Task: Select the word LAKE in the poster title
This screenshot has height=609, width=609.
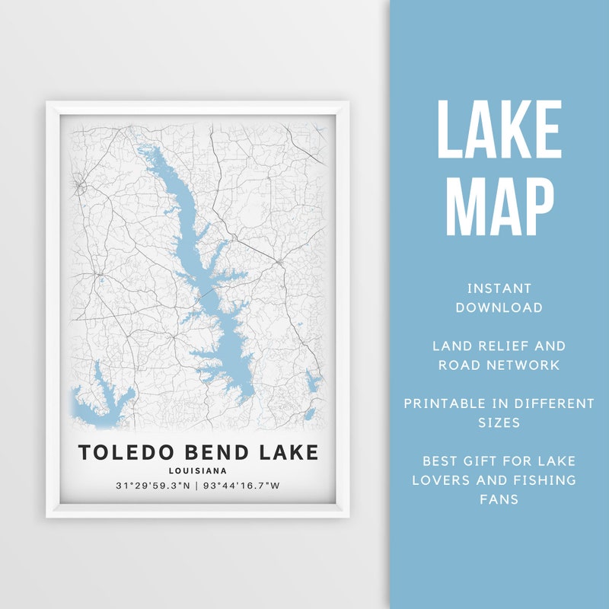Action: pyautogui.click(x=282, y=453)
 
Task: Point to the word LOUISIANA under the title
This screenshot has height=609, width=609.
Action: pyautogui.click(x=198, y=470)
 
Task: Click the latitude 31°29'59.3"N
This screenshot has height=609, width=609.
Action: pyautogui.click(x=152, y=486)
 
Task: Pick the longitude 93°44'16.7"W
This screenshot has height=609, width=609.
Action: pyautogui.click(x=241, y=486)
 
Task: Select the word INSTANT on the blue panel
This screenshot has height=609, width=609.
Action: pyautogui.click(x=499, y=289)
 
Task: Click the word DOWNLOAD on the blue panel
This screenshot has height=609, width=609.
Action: pyautogui.click(x=499, y=308)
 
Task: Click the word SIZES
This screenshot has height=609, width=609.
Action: pyautogui.click(x=499, y=422)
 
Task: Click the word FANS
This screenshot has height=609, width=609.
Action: pyautogui.click(x=499, y=499)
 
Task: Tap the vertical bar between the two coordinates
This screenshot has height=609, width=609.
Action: pyautogui.click(x=196, y=486)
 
